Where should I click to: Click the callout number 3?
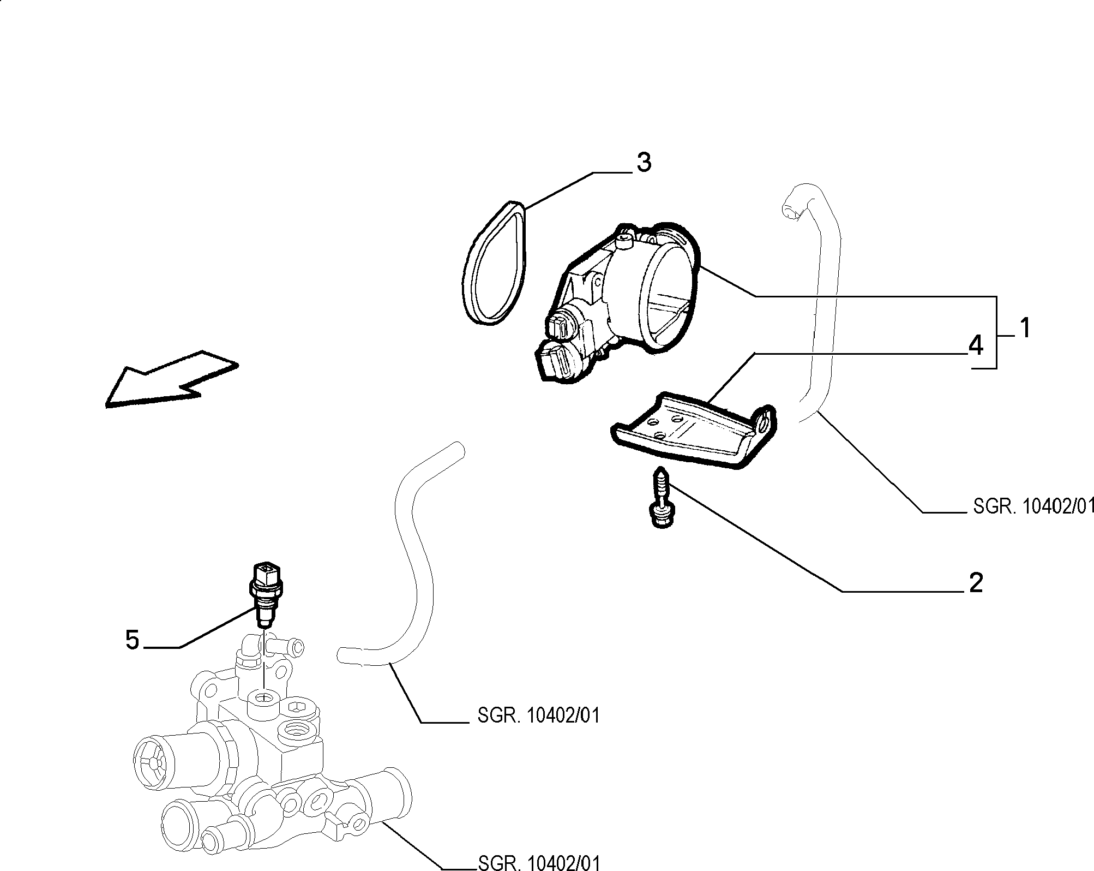[644, 163]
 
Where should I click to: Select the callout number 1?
[1025, 329]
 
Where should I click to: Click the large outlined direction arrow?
[171, 378]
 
